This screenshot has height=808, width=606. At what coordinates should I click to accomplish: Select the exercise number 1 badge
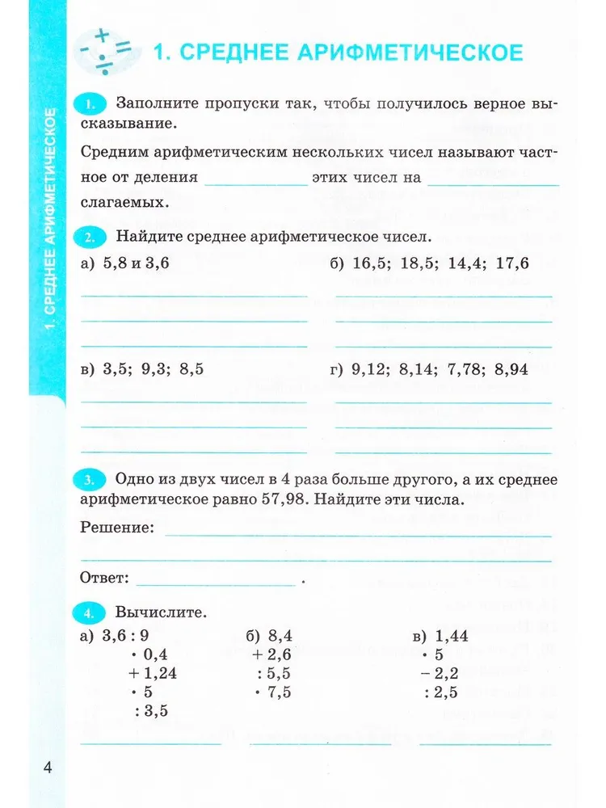91,104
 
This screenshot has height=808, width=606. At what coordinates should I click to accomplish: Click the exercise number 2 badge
91,238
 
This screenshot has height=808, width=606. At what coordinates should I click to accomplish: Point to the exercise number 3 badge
91,480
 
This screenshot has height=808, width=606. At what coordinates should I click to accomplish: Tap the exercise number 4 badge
91,612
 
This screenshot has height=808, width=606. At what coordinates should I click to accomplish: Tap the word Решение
117,528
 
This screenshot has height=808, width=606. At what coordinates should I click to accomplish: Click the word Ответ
105,578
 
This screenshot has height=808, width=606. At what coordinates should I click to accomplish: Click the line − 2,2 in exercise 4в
441,673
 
